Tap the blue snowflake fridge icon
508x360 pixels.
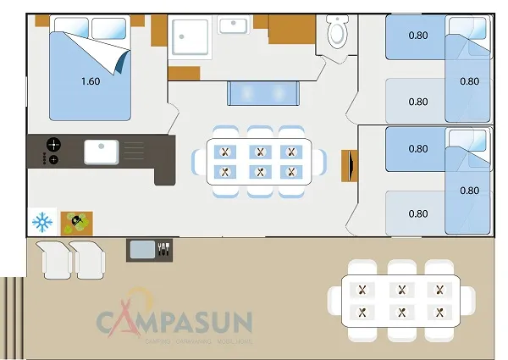[x=41, y=223]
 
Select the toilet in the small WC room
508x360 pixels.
[x=337, y=33]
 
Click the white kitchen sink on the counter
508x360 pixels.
[x=101, y=152]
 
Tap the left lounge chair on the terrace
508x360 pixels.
[x=55, y=258]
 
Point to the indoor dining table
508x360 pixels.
[x=259, y=161]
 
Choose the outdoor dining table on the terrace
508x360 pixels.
[x=400, y=300]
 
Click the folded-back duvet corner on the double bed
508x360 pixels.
[x=112, y=57]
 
